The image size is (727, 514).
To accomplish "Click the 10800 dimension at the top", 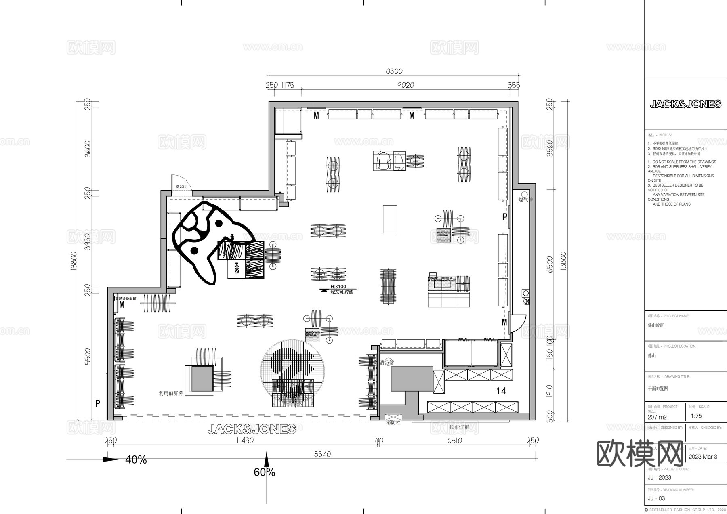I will click(x=393, y=71).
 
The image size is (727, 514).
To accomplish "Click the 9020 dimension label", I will click(x=406, y=85).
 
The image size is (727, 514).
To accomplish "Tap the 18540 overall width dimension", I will click(x=321, y=454).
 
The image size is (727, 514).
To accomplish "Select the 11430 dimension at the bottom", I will click(x=245, y=441).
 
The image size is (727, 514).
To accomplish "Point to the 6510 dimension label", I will click(x=454, y=441).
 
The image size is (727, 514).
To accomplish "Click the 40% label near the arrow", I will click(x=136, y=460).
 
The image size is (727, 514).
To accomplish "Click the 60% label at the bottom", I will click(x=264, y=472).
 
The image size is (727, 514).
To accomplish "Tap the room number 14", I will click(x=501, y=391).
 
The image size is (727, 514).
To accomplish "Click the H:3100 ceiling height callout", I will click(x=338, y=287).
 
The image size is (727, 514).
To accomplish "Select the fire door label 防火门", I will click(x=181, y=187).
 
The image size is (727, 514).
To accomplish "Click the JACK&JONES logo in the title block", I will click(x=685, y=104).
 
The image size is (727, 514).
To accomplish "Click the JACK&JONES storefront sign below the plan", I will click(x=252, y=429).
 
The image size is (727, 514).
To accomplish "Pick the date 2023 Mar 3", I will click(x=703, y=457).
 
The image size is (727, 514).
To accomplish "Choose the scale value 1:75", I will click(x=696, y=416).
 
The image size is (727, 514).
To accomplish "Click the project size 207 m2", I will click(x=657, y=417).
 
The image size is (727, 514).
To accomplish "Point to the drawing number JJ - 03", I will click(x=656, y=498).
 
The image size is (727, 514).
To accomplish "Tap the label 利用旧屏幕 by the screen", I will click(x=171, y=393).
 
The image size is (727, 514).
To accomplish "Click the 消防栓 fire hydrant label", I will click(x=393, y=423).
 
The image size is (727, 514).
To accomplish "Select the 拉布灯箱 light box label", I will click(x=459, y=427).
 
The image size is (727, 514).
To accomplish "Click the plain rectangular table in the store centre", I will click(x=390, y=219).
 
